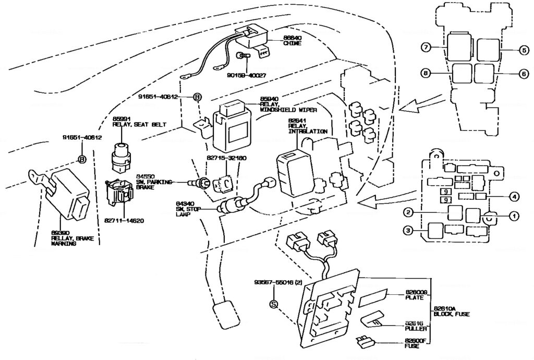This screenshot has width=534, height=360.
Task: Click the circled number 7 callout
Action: pyautogui.click(x=426, y=48)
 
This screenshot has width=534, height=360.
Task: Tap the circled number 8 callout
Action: pyautogui.click(x=426, y=75)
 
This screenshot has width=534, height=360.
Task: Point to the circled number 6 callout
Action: pyautogui.click(x=524, y=75)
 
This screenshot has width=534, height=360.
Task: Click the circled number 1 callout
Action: pyautogui.click(x=515, y=215)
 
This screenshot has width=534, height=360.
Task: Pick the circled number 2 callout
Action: pyautogui.click(x=409, y=212)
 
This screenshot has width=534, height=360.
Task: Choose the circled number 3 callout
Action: pyautogui.click(x=409, y=230)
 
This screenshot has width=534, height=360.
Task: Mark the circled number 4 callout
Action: pyautogui.click(x=515, y=197)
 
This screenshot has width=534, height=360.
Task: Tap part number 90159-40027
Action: pyautogui.click(x=247, y=75)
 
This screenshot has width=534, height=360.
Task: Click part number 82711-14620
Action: pyautogui.click(x=123, y=220)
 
